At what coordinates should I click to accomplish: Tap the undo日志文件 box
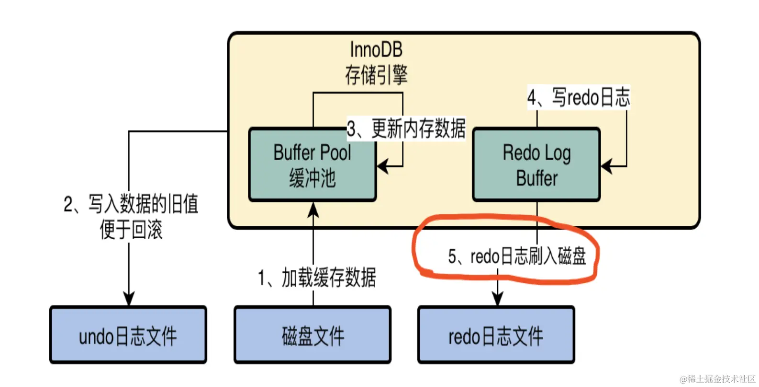(128, 335)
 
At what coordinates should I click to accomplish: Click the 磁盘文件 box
(313, 335)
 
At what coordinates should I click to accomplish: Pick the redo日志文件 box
(496, 335)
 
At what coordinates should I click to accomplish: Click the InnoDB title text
(376, 49)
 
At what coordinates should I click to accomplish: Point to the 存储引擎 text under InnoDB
(376, 75)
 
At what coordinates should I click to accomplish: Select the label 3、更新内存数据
(406, 129)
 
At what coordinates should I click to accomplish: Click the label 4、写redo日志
(579, 98)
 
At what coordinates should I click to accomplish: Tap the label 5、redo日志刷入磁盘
(517, 256)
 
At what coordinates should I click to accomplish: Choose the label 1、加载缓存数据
(317, 277)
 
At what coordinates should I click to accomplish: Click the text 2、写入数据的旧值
(131, 204)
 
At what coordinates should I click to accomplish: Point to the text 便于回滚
(131, 230)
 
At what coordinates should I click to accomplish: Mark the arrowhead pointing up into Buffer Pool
(313, 209)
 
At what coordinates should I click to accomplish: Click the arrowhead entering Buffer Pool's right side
(383, 166)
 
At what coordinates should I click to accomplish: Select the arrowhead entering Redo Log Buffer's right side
(606, 166)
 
